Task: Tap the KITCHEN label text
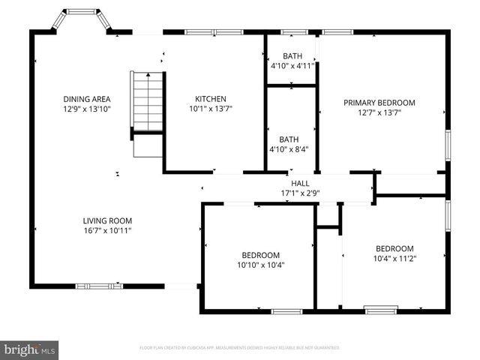(x=210, y=99)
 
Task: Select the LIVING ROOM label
(x=107, y=220)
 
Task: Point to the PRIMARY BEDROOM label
(x=379, y=103)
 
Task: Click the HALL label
(x=300, y=183)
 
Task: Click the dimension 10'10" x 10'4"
(x=260, y=264)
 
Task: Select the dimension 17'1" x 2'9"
(x=300, y=193)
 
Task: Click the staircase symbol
(x=148, y=105)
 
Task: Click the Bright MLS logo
(x=29, y=349)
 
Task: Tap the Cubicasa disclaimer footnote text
(x=240, y=348)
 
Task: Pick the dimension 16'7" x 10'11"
(x=107, y=230)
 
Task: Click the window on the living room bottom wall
(x=99, y=286)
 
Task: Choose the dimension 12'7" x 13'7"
(x=379, y=112)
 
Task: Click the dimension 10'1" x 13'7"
(x=210, y=109)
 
